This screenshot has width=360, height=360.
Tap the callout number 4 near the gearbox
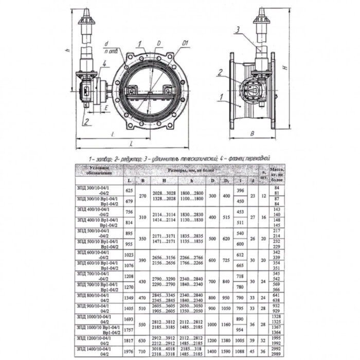click(x=104, y=64)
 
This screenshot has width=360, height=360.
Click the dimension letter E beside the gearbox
click(x=104, y=109)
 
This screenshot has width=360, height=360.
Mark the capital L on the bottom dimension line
click(x=132, y=143)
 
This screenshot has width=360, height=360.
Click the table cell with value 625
click(x=129, y=190)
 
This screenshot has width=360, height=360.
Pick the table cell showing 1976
click(x=129, y=352)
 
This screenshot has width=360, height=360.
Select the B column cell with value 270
click(x=144, y=196)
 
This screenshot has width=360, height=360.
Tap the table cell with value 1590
click(x=225, y=352)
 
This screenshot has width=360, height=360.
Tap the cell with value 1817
click(x=129, y=340)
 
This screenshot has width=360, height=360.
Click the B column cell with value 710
click(x=144, y=352)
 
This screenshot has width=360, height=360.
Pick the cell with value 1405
click(x=129, y=309)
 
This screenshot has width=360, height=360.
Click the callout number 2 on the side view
click(x=220, y=73)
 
